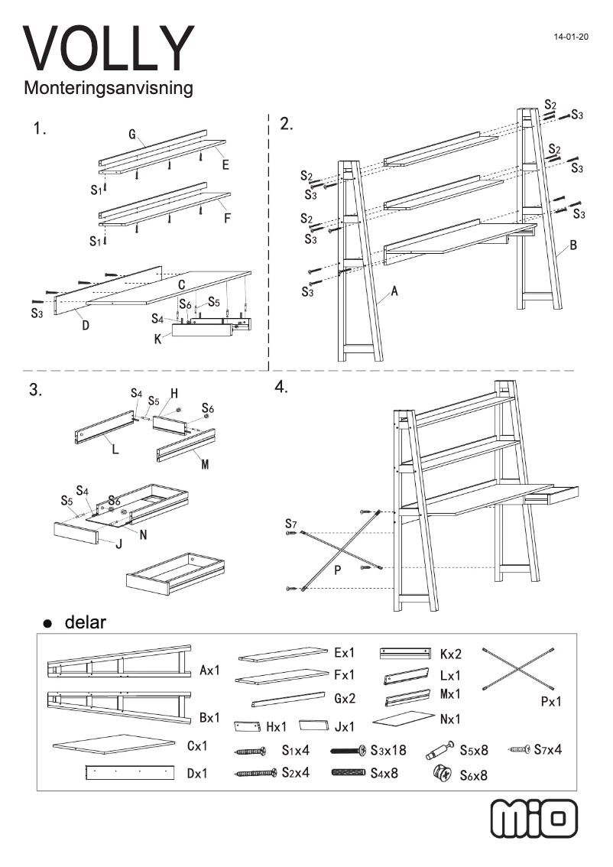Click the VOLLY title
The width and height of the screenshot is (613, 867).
[109, 48]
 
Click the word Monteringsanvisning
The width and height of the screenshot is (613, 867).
[108, 89]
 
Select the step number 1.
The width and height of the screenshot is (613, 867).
[39, 128]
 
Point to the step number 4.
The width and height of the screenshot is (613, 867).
[281, 388]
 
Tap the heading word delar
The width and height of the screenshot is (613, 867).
[86, 622]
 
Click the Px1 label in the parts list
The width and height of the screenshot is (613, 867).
[546, 701]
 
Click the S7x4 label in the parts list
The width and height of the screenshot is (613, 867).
[548, 749]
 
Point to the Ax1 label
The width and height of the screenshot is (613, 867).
[209, 671]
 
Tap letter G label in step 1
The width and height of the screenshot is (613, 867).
[132, 135]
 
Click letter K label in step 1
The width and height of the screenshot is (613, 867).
[157, 338]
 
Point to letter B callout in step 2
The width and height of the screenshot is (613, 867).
[572, 246]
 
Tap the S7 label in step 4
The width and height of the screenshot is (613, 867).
[290, 524]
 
